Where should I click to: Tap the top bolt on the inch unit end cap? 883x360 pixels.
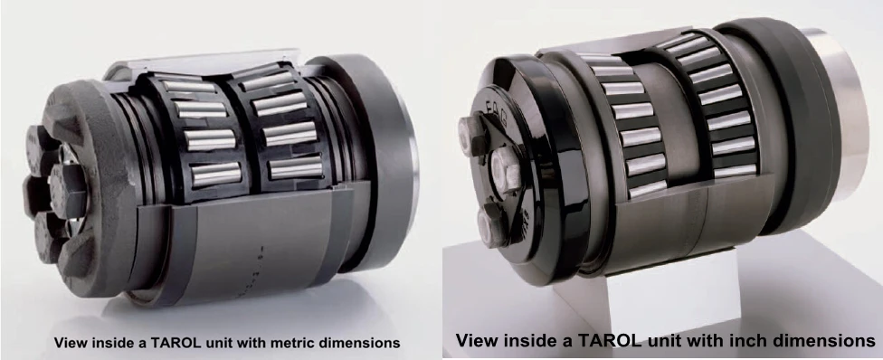point(472,134)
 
